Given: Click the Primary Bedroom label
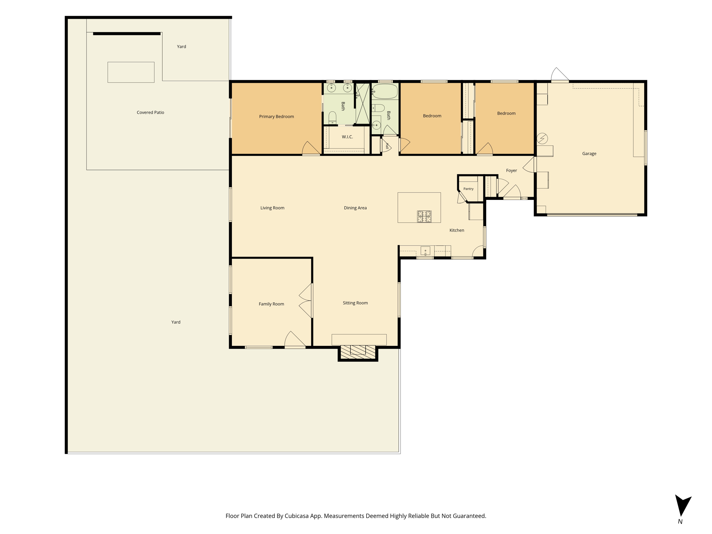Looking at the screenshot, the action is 276,116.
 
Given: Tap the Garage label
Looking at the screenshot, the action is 589,153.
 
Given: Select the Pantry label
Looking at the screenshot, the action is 468,189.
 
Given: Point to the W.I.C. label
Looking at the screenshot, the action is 347,137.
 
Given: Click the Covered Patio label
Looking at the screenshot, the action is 150,112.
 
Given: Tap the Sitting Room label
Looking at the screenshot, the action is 355,303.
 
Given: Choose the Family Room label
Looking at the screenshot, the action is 271,304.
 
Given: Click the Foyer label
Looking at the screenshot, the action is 511,170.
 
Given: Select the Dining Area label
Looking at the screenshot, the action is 355,208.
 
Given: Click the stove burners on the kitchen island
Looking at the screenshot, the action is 424,217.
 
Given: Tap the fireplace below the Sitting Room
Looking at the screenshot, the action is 358,353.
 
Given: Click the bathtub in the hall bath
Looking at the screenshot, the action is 385,91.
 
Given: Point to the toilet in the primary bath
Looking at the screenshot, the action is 332,118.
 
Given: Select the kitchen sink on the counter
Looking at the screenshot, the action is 425,251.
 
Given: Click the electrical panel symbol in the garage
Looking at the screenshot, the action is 542,139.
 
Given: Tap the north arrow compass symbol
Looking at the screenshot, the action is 683,506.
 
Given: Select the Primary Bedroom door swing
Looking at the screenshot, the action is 311,148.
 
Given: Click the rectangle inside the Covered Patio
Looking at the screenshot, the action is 131,72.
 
